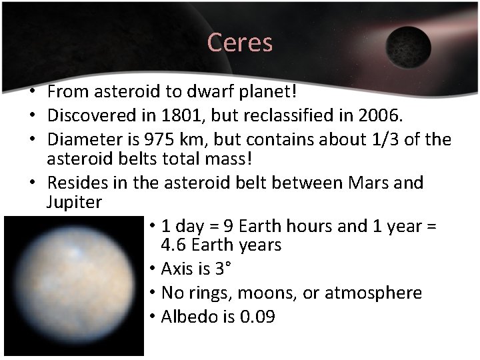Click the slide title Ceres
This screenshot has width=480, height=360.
[240, 43]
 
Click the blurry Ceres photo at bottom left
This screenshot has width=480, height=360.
[73, 286]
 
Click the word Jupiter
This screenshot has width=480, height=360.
[74, 202]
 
